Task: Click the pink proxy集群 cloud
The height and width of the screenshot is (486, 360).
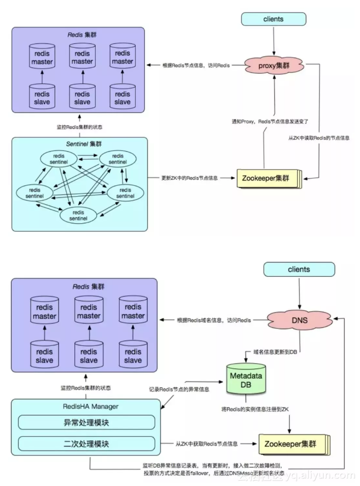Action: [274, 66]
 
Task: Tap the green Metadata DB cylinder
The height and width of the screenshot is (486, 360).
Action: [246, 375]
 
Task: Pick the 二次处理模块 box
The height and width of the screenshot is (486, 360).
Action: [87, 443]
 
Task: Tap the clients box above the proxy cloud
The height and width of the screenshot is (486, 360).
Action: [273, 19]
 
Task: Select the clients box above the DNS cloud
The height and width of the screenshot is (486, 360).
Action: [299, 269]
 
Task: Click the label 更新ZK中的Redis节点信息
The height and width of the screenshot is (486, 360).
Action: [189, 178]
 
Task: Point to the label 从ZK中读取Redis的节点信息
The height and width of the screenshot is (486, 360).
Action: [318, 138]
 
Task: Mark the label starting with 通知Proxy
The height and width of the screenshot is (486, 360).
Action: [270, 121]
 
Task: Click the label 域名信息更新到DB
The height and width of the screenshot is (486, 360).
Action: [274, 351]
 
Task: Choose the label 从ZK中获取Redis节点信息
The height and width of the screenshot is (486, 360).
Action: [207, 444]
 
